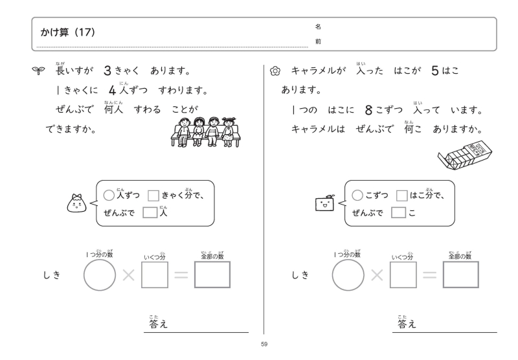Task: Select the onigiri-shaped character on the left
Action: pos(79,203)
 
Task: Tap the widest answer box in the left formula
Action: pos(212,276)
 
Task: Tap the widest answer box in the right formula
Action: pos(460,276)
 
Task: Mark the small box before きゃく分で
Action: pos(154,195)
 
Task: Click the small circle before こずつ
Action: pos(356,195)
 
